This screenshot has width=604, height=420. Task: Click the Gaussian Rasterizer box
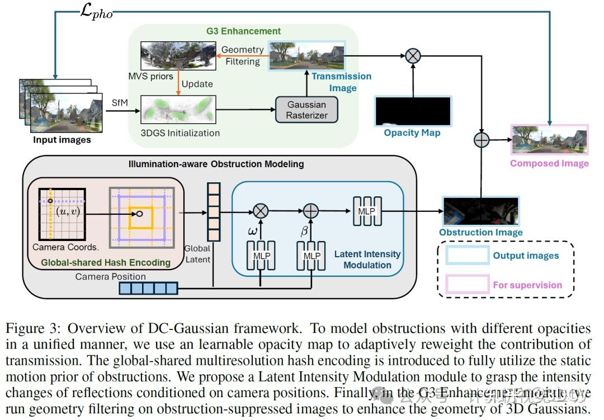[306, 110]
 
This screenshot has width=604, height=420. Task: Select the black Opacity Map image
[413, 111]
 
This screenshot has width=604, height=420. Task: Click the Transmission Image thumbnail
[306, 55]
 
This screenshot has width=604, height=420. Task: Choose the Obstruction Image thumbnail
[480, 211]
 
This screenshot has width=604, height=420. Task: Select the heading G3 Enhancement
[243, 31]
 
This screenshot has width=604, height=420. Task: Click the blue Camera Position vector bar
[148, 288]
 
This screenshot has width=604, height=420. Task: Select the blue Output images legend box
[468, 256]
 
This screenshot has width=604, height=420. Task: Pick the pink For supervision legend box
[468, 285]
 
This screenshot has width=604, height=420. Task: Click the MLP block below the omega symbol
[261, 255]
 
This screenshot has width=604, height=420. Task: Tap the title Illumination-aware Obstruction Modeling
[216, 164]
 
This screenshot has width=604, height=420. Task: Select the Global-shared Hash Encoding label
[106, 262]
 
